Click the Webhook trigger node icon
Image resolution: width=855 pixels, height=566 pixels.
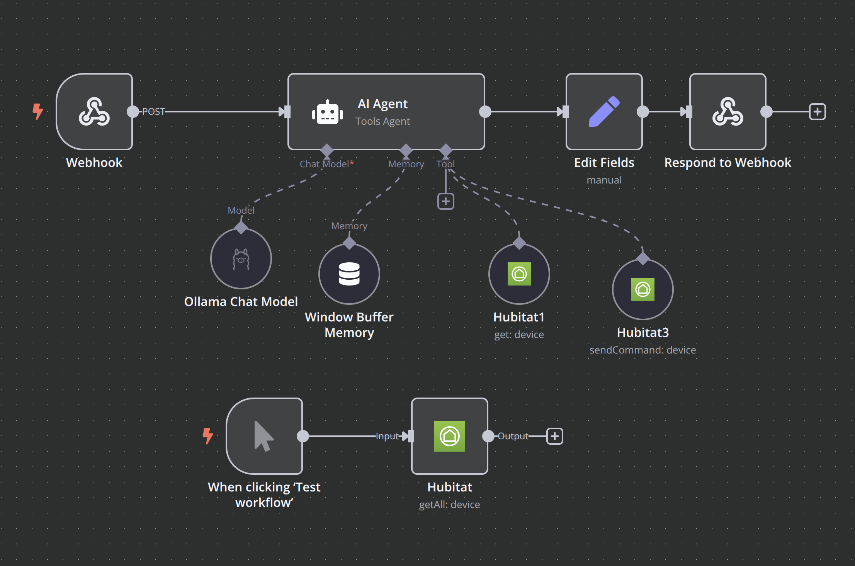click(94, 112)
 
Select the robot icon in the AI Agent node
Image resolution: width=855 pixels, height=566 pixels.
click(328, 112)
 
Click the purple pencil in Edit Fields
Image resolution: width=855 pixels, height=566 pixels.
click(604, 112)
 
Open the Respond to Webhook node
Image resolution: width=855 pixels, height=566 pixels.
click(728, 112)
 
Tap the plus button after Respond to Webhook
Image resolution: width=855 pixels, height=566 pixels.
click(818, 112)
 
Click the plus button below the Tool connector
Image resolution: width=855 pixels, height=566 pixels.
click(446, 201)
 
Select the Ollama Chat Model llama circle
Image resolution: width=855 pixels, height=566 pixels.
click(241, 258)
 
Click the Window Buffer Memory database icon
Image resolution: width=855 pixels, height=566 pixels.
click(349, 274)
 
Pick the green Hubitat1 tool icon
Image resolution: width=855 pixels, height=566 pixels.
click(519, 274)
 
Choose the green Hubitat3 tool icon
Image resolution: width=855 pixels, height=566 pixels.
click(643, 289)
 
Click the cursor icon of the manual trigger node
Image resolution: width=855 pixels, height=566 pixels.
click(264, 436)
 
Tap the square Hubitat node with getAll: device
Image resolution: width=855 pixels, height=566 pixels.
click(450, 436)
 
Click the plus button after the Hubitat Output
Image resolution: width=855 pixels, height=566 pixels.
click(555, 436)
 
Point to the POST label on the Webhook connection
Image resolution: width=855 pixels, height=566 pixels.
click(153, 112)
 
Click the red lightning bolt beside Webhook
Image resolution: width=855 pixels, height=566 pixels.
click(38, 112)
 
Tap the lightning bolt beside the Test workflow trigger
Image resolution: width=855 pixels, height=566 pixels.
click(208, 436)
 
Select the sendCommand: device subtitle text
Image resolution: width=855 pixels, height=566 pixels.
click(643, 350)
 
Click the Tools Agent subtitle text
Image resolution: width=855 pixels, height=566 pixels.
click(383, 122)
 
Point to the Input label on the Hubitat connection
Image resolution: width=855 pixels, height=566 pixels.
click(387, 436)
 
